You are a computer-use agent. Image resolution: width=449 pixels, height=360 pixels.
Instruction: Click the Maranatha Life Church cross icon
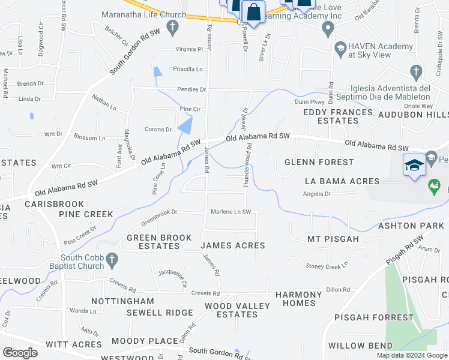click(x=172, y=26)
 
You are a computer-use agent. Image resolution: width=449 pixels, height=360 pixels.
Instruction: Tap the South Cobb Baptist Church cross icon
click(x=112, y=259)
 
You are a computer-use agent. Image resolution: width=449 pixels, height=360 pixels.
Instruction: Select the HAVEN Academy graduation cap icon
click(x=340, y=47)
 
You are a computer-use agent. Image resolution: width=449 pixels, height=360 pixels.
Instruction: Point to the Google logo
click(x=20, y=353)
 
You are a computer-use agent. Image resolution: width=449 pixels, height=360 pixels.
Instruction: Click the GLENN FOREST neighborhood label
click(x=319, y=162)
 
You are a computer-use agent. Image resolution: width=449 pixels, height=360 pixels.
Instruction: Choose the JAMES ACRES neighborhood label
click(x=232, y=245)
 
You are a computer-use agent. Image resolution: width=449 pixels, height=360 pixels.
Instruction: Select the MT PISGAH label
click(x=333, y=239)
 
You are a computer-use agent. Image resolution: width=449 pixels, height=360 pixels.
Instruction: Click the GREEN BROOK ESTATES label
click(x=158, y=242)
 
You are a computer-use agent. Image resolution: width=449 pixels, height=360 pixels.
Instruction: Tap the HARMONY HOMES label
click(x=299, y=299)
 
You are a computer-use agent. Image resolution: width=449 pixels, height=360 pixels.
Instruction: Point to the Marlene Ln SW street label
click(x=230, y=212)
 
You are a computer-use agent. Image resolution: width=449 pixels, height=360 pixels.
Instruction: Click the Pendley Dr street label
click(x=191, y=89)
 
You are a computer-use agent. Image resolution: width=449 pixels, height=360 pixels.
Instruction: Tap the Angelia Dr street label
click(x=317, y=194)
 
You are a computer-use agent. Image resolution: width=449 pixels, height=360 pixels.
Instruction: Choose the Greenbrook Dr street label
click(x=159, y=212)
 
